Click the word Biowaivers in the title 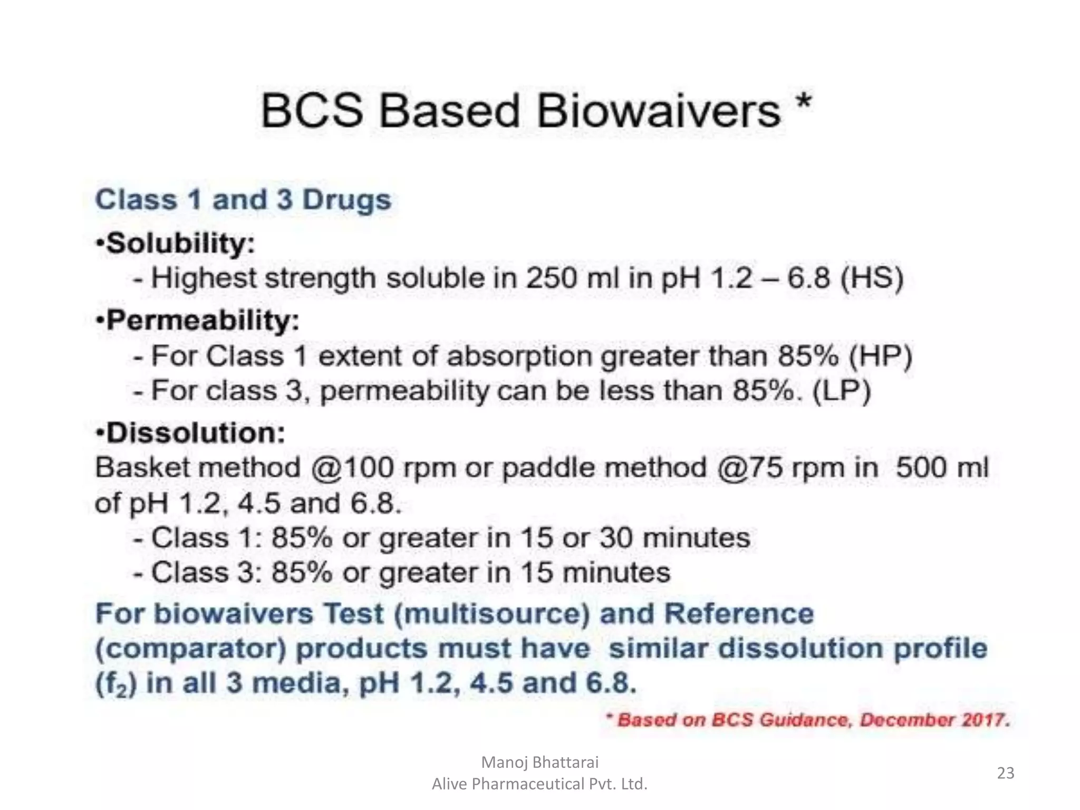click(658, 112)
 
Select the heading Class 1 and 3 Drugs click(243, 200)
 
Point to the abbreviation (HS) click(871, 278)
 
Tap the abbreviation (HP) click(880, 356)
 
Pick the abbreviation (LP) click(841, 391)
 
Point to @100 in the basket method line click(352, 468)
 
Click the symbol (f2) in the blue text click(116, 684)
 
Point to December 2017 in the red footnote click(934, 720)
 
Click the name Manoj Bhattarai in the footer click(540, 762)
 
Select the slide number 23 click(1006, 773)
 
